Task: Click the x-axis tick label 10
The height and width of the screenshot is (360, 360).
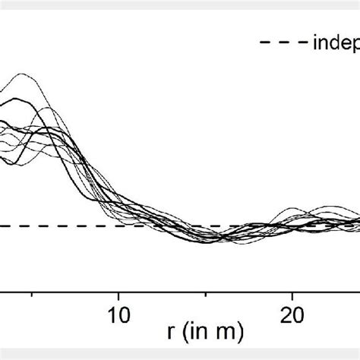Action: click(117, 314)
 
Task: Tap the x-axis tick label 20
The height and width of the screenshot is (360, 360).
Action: click(292, 314)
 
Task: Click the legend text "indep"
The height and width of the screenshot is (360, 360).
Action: click(334, 44)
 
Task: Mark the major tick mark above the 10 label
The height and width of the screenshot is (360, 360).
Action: click(118, 292)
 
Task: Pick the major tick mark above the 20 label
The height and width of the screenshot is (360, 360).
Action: click(293, 292)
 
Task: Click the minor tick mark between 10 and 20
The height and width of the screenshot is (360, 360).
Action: click(205, 293)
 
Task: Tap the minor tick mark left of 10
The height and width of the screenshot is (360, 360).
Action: click(30, 293)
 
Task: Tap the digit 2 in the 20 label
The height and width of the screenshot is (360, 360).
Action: click(287, 314)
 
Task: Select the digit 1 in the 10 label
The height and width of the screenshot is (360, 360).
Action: click(111, 314)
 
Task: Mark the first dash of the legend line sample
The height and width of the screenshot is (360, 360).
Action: click(266, 43)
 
